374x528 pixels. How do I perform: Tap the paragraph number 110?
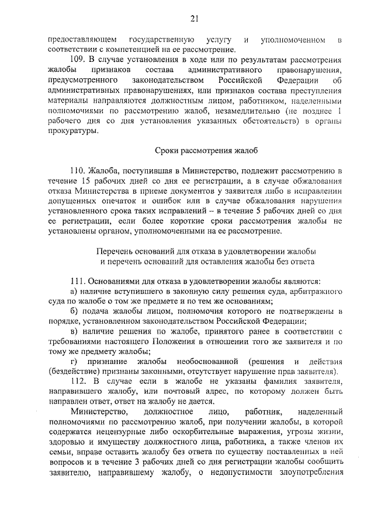[78, 170]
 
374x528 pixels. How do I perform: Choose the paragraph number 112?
[78, 381]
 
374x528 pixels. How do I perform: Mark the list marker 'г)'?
[73, 361]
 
